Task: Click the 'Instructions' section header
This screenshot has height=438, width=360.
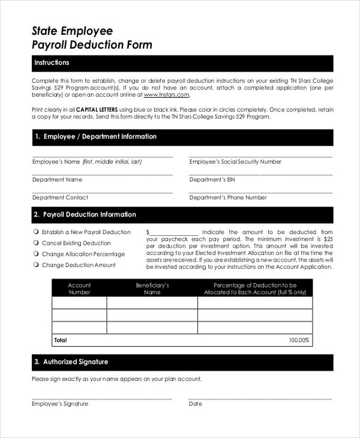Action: click(52, 63)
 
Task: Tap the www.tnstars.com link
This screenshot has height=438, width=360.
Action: click(166, 95)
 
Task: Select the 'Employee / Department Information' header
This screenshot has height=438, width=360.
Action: click(95, 137)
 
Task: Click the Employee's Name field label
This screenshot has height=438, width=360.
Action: click(86, 162)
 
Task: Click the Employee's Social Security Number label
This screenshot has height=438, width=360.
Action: click(235, 162)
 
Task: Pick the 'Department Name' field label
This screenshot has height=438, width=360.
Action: click(57, 179)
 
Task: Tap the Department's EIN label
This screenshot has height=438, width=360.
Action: click(208, 179)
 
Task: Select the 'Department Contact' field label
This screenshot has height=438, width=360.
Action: click(60, 197)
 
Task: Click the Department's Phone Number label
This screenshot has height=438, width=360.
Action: click(228, 197)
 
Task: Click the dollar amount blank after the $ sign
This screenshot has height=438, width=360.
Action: click(173, 232)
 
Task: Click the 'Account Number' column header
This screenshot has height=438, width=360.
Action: click(79, 289)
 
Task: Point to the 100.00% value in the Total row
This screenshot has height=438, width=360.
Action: click(299, 340)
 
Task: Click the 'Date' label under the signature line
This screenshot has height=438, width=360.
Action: click(196, 404)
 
